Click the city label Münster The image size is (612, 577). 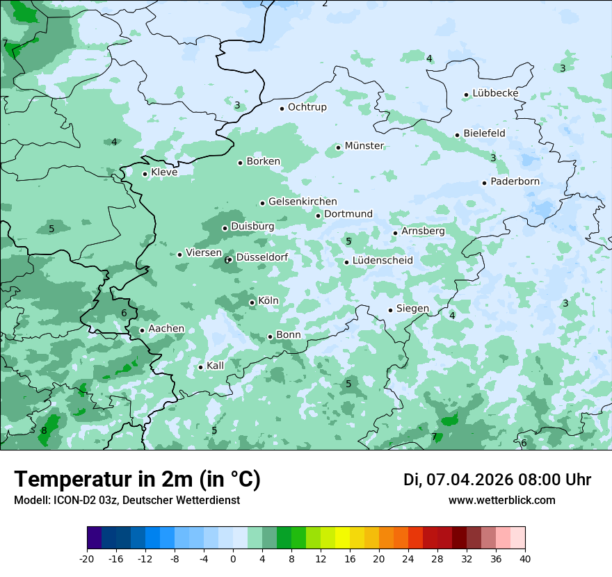tap(364, 146)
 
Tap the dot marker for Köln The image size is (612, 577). tap(252, 302)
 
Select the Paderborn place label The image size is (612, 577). tap(515, 182)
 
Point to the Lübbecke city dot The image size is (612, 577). tap(466, 95)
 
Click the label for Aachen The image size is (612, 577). tap(166, 329)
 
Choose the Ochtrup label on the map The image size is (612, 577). tap(307, 107)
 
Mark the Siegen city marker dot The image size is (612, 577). tap(390, 310)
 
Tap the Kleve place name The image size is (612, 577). tap(164, 172)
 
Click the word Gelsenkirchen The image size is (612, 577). tap(303, 202)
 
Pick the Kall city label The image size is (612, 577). tap(216, 366)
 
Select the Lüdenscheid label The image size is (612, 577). tap(382, 261)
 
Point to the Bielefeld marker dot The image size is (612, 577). tap(457, 135)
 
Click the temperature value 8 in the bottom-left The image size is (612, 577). tap(44, 430)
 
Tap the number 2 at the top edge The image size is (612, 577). tap(325, 3)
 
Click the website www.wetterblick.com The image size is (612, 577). tap(501, 500)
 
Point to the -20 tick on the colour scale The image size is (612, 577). tap(87, 559)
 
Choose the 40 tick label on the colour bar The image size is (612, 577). tap(524, 559)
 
